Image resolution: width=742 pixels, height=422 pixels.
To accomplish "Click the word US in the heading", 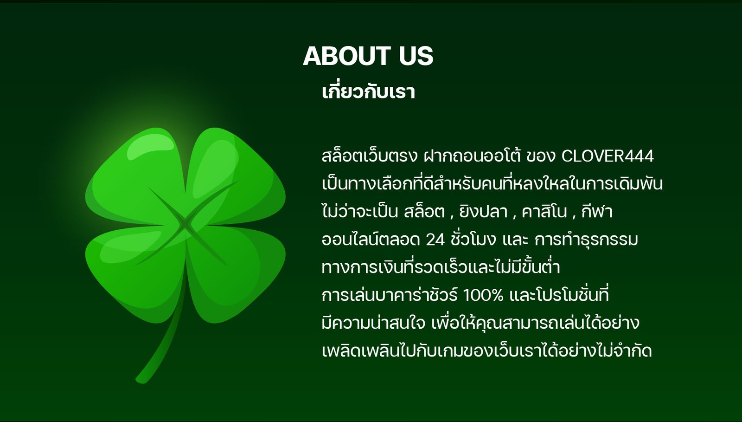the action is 416,56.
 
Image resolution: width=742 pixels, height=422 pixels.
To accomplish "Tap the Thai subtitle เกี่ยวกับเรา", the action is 368,91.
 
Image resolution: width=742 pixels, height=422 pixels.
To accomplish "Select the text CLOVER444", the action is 608,156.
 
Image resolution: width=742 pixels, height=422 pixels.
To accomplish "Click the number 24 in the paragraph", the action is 435,240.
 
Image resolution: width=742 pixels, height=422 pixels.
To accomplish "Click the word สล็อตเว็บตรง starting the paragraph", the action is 370,156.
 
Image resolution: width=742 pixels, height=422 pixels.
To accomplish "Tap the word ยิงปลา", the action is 483,211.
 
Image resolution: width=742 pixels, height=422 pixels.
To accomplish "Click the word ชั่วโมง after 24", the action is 473,239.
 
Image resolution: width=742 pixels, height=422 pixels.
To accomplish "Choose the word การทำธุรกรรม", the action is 586,240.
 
